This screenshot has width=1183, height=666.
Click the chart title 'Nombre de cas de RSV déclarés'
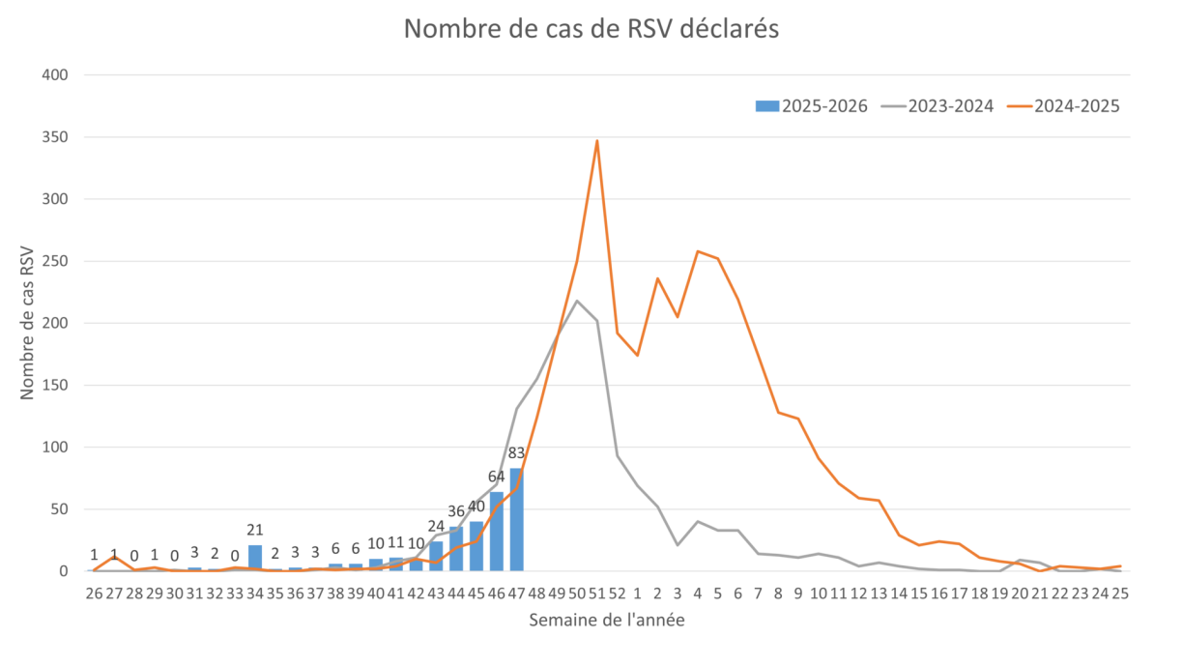click(x=591, y=29)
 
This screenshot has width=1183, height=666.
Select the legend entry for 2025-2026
click(x=812, y=106)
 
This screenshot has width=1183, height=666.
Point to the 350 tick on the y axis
click(x=59, y=137)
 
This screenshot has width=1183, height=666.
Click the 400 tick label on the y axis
click(x=59, y=75)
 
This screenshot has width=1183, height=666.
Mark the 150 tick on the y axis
click(x=59, y=386)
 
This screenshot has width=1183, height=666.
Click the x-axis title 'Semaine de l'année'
click(x=606, y=621)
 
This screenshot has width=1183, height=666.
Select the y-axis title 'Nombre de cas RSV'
click(x=28, y=323)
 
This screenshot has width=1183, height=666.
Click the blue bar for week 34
click(x=255, y=558)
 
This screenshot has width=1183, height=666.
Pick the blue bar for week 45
click(x=476, y=546)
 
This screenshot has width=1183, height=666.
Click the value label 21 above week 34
click(x=255, y=530)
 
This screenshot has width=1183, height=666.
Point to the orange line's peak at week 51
click(x=597, y=139)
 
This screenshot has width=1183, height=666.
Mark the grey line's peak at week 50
click(x=578, y=300)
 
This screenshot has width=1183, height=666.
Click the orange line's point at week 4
click(x=698, y=251)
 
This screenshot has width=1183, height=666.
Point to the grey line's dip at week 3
click(x=678, y=545)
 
